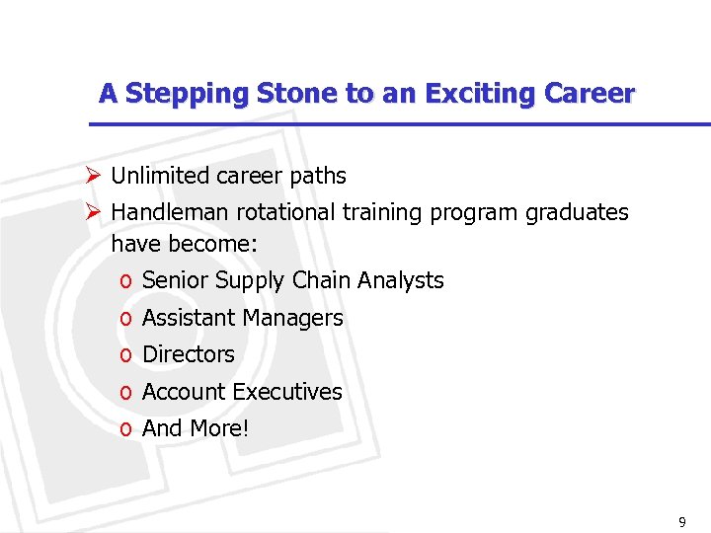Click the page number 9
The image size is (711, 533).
681,520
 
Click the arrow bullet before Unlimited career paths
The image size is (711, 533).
93,176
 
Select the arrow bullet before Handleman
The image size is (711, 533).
93,212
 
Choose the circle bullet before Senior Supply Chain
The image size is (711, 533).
125,282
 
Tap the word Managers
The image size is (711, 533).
296,318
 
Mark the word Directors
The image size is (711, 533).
189,353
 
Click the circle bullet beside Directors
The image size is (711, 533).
125,355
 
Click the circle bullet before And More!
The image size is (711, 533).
125,429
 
